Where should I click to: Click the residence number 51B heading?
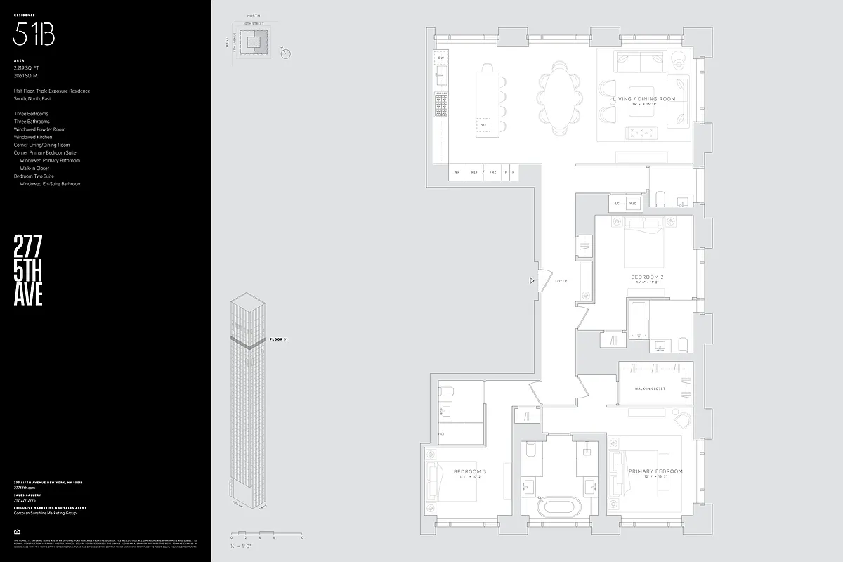pyautogui.click(x=34, y=34)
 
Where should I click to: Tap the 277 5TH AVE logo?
pyautogui.click(x=28, y=270)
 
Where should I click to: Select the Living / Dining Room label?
pyautogui.click(x=644, y=99)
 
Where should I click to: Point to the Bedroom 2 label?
pyautogui.click(x=647, y=277)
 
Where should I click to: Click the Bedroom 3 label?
pyautogui.click(x=470, y=471)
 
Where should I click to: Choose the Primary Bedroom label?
pyautogui.click(x=655, y=471)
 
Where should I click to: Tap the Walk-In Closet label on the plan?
pyautogui.click(x=650, y=388)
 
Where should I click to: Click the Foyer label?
pyautogui.click(x=561, y=281)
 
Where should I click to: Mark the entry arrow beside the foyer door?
pyautogui.click(x=532, y=281)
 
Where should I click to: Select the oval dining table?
pyautogui.click(x=559, y=98)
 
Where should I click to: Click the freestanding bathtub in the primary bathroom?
pyautogui.click(x=559, y=507)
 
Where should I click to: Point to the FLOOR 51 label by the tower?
pyautogui.click(x=279, y=339)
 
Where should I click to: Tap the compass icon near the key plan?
pyautogui.click(x=285, y=53)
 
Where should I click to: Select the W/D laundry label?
pyautogui.click(x=633, y=204)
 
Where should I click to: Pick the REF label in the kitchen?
pyautogui.click(x=474, y=172)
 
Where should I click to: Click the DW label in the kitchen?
pyautogui.click(x=441, y=58)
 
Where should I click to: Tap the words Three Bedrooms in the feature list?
pyautogui.click(x=31, y=114)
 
